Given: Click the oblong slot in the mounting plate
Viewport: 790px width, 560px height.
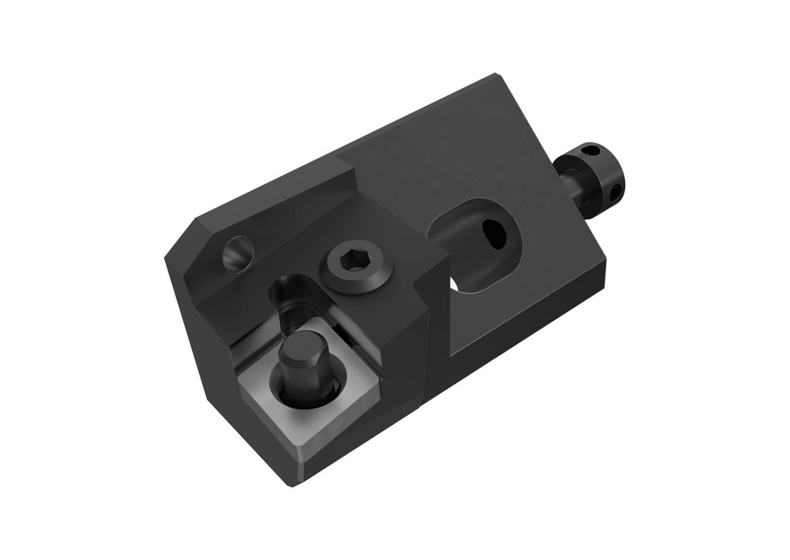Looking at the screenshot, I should coord(472,244).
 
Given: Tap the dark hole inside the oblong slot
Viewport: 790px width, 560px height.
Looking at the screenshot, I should coord(493,234).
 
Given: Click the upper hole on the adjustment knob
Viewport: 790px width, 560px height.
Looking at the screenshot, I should coord(590,150).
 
